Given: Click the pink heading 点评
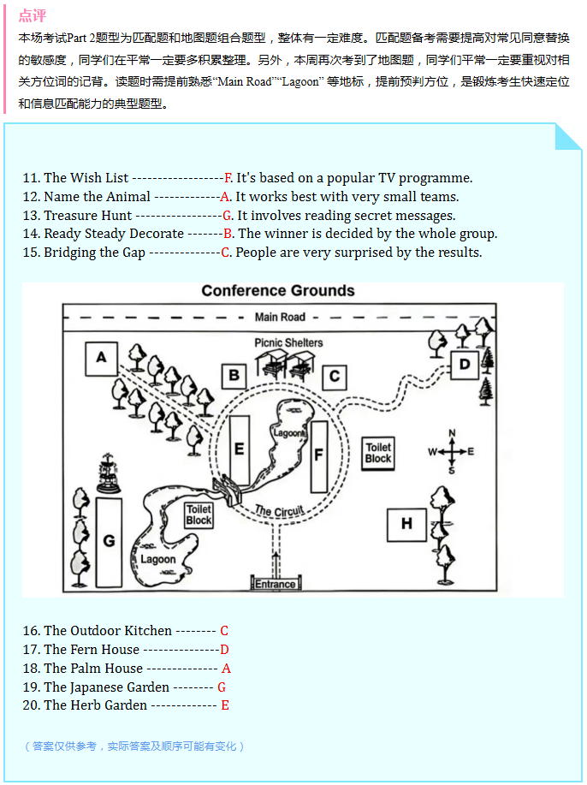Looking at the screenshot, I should (32, 16).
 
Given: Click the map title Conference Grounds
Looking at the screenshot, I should (278, 291).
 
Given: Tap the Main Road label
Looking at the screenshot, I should (280, 318).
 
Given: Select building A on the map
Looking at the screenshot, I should (101, 358).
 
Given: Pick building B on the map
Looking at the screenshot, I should (234, 375).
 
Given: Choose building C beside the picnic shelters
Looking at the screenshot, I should (334, 375).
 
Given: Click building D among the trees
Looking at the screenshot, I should (465, 365).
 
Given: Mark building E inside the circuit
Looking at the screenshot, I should (239, 449).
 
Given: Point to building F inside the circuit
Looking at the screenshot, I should (318, 455).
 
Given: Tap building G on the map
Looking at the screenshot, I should (109, 541).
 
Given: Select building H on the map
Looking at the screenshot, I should (406, 523).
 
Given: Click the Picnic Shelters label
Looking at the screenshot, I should (288, 342).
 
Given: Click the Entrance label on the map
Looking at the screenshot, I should (276, 585).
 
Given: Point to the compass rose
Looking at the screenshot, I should (452, 451).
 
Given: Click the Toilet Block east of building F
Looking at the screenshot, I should (377, 453).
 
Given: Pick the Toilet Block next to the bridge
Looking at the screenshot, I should (199, 514).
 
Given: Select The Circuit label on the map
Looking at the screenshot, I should (279, 511).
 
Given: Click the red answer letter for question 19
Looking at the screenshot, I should (222, 687).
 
